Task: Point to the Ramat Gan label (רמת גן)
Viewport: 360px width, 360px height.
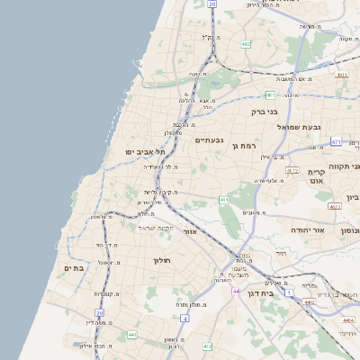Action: click(244, 146)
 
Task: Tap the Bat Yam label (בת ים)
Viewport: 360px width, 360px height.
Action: click(74, 267)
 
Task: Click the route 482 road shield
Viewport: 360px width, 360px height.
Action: click(246, 42)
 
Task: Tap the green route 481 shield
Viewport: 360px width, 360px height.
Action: click(270, 94)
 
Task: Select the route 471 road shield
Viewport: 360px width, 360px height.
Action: click(336, 141)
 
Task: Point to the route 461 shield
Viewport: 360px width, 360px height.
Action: click(223, 200)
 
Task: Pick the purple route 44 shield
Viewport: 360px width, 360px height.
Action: click(235, 292)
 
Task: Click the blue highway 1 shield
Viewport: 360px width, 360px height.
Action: click(289, 293)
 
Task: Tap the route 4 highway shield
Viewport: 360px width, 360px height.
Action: click(184, 319)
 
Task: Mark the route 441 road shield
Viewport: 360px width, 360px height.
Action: click(132, 335)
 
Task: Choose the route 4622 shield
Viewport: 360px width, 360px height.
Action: click(335, 206)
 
